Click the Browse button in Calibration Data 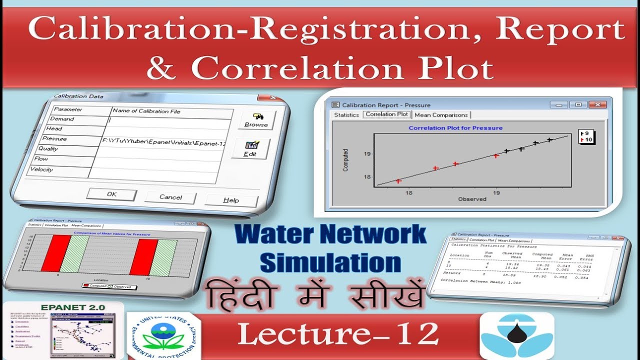[256, 120]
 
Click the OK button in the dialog [111, 194]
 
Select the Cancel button [170, 197]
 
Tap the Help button [230, 200]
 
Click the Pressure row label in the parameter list [54, 138]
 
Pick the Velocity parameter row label [41, 169]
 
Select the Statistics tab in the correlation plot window [346, 114]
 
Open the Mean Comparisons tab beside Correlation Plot [441, 115]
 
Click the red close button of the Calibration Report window [597, 104]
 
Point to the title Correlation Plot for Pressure [455, 128]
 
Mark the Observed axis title [472, 199]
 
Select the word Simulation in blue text [330, 262]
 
